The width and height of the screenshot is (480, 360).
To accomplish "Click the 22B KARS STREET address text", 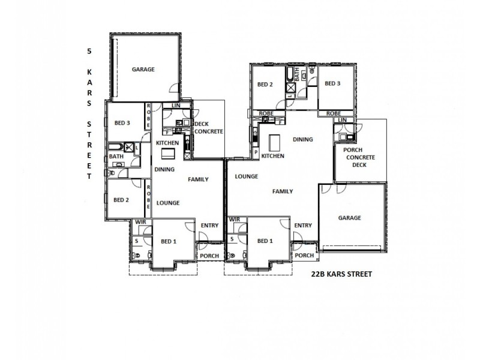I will click(341, 274).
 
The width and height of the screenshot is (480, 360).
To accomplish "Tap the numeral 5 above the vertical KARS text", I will click(89, 52).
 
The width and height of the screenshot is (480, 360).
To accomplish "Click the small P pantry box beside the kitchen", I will click(256, 154).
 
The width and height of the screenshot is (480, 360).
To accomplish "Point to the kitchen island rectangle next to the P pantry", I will click(275, 143).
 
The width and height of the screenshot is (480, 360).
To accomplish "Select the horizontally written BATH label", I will click(116, 157).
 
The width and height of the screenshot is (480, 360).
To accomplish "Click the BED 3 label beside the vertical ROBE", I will click(122, 123).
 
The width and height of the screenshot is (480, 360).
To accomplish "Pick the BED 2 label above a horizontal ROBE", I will click(265, 85).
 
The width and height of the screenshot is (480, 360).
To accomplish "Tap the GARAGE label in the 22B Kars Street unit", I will click(349, 218).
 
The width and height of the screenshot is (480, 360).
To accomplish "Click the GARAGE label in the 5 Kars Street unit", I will click(143, 70).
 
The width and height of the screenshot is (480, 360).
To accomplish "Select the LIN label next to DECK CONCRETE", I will click(176, 106).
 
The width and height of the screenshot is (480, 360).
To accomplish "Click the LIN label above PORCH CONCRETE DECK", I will click(342, 121).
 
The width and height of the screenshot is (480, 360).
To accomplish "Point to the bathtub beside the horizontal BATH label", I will click(115, 146).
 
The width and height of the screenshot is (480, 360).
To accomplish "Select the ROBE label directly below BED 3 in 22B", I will click(334, 113).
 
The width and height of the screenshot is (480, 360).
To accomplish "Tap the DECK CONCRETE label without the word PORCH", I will click(209, 127).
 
